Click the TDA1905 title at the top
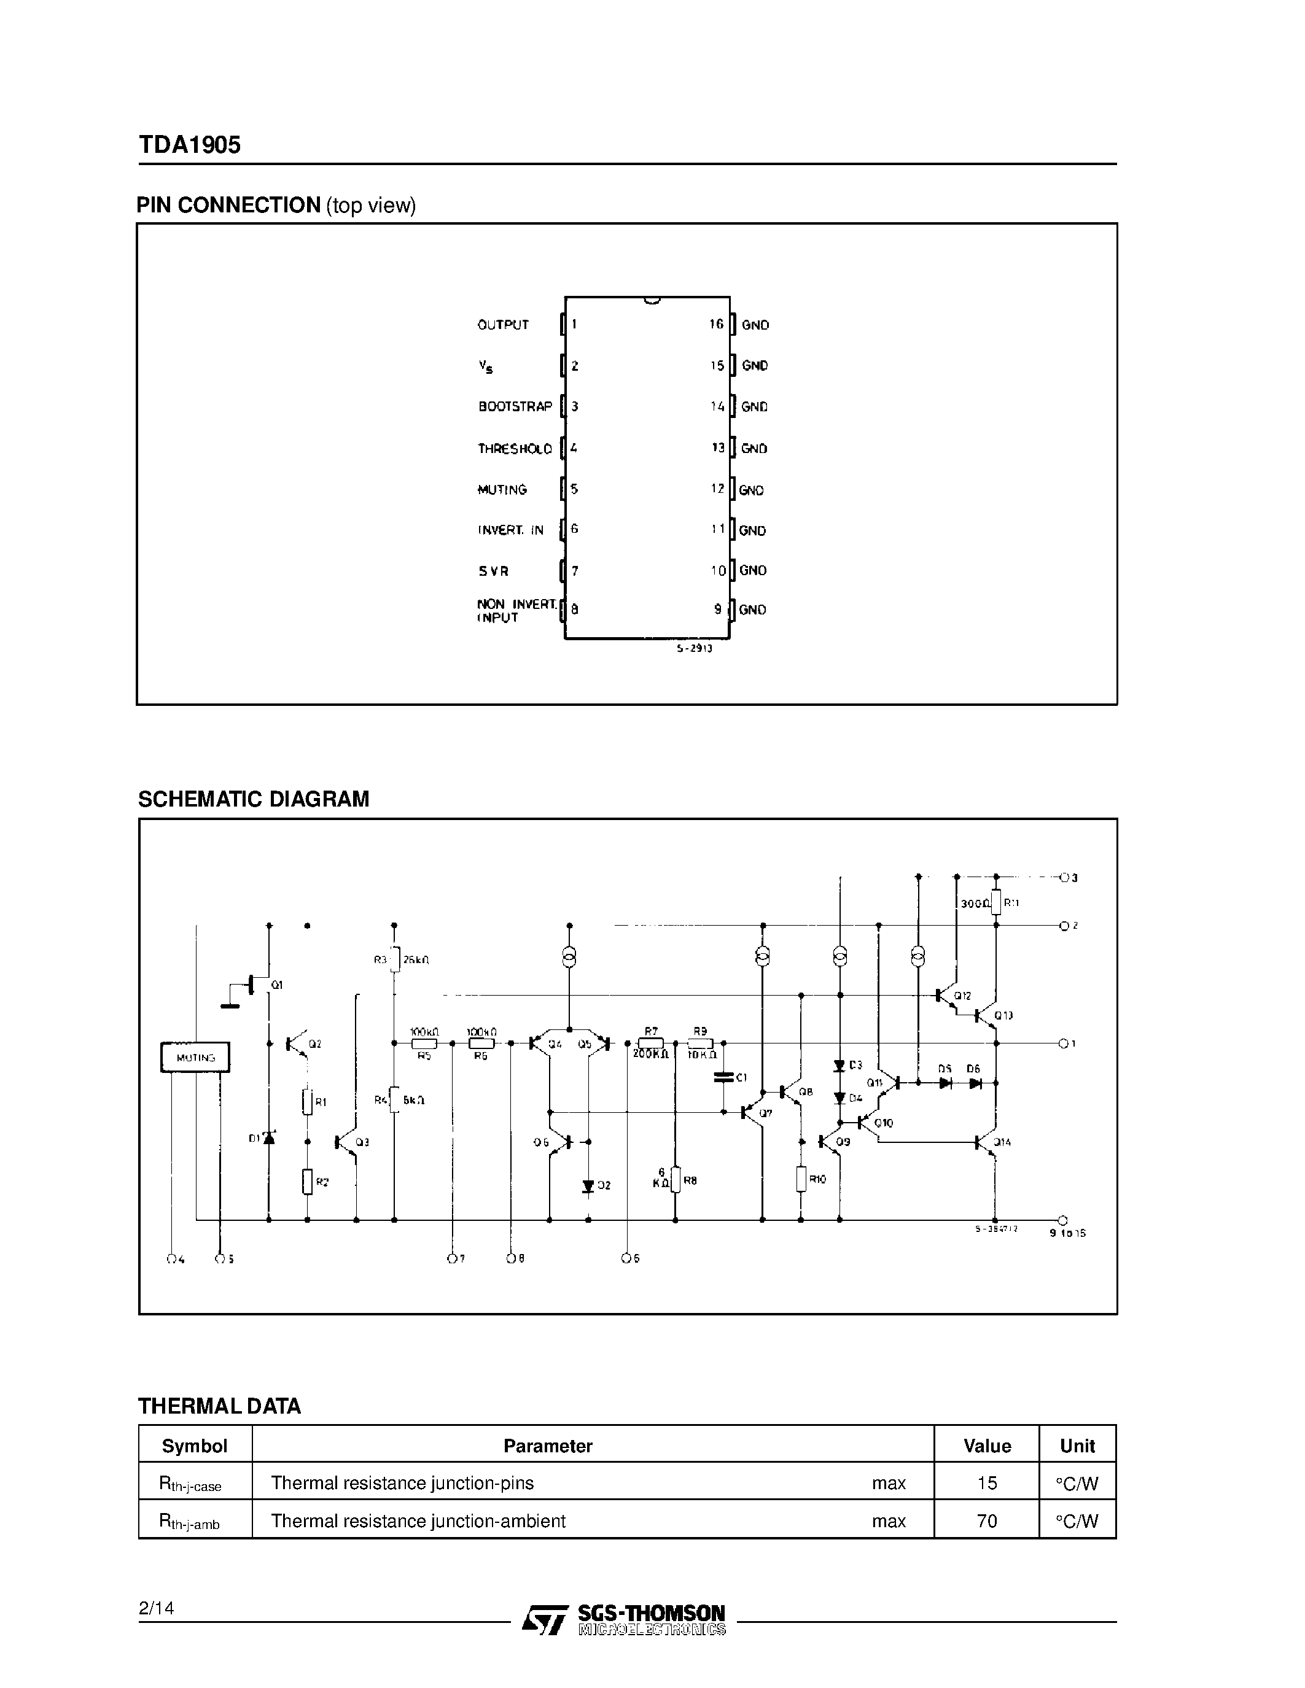click(x=189, y=144)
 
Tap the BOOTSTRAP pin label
click(x=515, y=406)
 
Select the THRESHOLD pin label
click(x=515, y=448)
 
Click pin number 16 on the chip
click(x=716, y=325)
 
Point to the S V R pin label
click(x=493, y=571)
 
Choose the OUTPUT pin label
click(x=502, y=325)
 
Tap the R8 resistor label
click(x=690, y=1180)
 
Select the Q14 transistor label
click(x=1002, y=1142)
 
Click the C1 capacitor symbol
click(x=723, y=1076)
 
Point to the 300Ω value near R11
click(x=974, y=903)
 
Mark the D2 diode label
click(x=604, y=1185)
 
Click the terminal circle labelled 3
click(x=1064, y=877)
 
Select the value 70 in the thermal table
click(x=986, y=1520)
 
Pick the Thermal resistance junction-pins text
click(x=402, y=1482)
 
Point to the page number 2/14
click(x=156, y=1608)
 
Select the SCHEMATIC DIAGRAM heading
click(x=254, y=799)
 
